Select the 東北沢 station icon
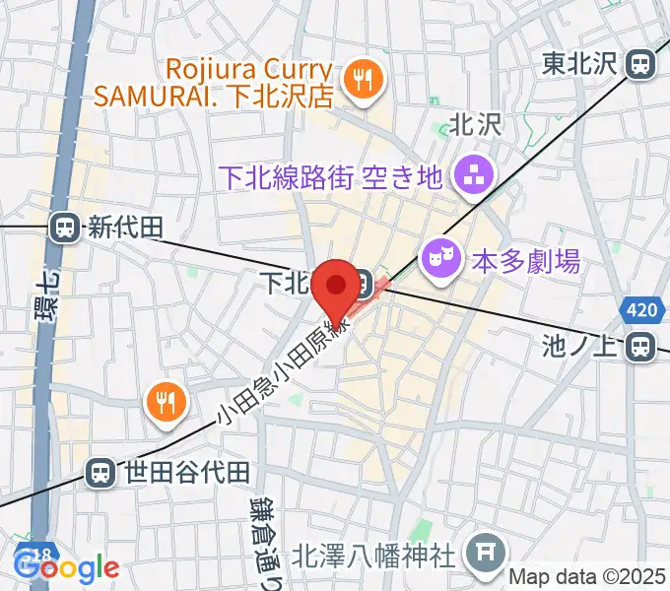[642, 65]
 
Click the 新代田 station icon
[65, 229]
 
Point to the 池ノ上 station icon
[642, 346]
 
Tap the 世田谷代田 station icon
[100, 473]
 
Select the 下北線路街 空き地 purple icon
[466, 177]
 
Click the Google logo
[67, 567]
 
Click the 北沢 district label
[476, 124]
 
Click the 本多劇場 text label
[525, 262]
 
